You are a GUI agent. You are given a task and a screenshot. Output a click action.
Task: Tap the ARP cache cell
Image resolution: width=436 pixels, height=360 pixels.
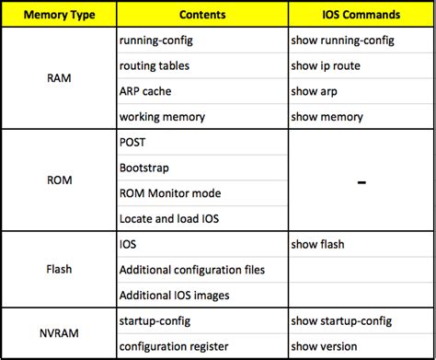pyautogui.click(x=145, y=92)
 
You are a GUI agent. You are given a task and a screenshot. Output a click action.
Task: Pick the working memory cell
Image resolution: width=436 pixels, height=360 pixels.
pyautogui.click(x=162, y=117)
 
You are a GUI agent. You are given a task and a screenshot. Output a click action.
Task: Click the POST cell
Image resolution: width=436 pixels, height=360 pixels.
pyautogui.click(x=132, y=144)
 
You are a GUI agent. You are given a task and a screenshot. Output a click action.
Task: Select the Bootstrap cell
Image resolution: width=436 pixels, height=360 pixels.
pyautogui.click(x=143, y=168)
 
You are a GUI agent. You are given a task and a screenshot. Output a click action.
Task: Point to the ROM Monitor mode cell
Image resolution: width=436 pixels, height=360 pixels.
pyautogui.click(x=170, y=194)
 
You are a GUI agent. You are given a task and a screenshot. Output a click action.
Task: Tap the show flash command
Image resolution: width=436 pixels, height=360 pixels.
pyautogui.click(x=317, y=245)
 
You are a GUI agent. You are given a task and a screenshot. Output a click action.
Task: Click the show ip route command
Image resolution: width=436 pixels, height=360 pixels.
pyautogui.click(x=325, y=66)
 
